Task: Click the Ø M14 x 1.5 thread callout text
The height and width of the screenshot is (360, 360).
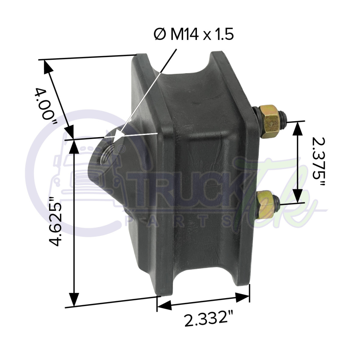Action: point(194,35)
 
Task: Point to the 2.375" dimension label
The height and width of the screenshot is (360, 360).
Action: point(319,162)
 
